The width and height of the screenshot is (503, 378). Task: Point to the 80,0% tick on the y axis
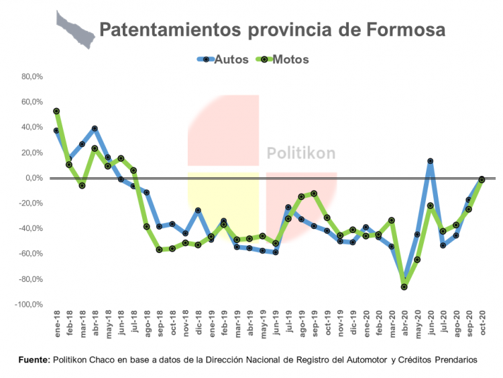pos(32,77)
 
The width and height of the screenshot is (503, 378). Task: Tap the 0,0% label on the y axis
pos(35,178)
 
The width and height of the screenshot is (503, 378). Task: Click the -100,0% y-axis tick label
pos(30,304)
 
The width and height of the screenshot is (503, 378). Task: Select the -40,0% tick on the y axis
pos(32,228)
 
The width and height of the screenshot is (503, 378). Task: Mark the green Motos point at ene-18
pos(56,111)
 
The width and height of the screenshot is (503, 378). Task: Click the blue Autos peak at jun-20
pos(430,161)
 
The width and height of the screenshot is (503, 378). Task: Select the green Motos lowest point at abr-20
pos(404,287)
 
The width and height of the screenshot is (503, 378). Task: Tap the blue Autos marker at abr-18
pos(95,128)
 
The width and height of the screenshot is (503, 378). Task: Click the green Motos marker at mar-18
pos(82,185)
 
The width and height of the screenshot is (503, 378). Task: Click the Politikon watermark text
pos(301,153)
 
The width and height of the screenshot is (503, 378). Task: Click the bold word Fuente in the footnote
pos(34,360)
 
